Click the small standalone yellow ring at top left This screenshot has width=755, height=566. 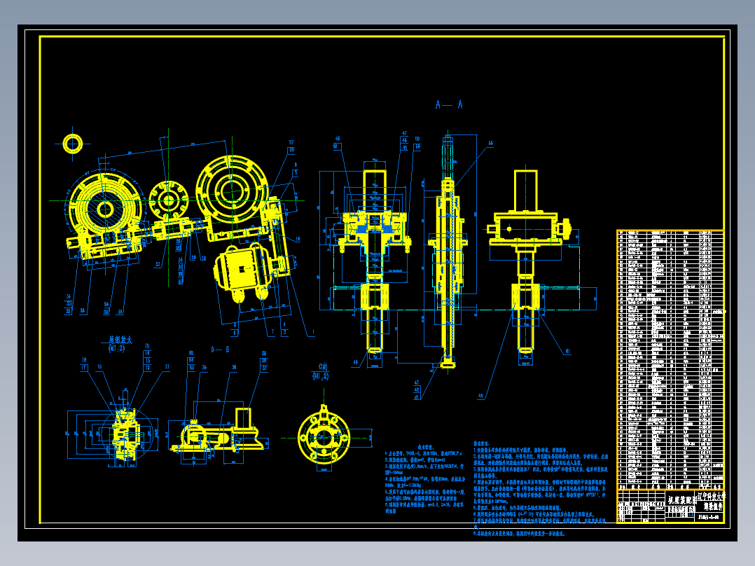pyautogui.click(x=73, y=143)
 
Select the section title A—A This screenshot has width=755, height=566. pyautogui.click(x=448, y=105)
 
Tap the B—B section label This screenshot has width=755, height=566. pyautogui.click(x=220, y=348)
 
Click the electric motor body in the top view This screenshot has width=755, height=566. pyautogui.click(x=242, y=270)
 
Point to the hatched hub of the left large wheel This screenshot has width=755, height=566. pyautogui.click(x=106, y=209)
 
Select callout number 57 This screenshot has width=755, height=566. pyautogui.click(x=291, y=142)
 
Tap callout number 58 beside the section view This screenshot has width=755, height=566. pyautogui.click(x=490, y=143)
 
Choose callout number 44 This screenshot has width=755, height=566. pyautogui.click(x=481, y=396)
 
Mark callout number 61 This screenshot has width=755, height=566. pyautogui.click(x=567, y=351)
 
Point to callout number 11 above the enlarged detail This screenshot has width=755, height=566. pyautogui.click(x=167, y=366)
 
